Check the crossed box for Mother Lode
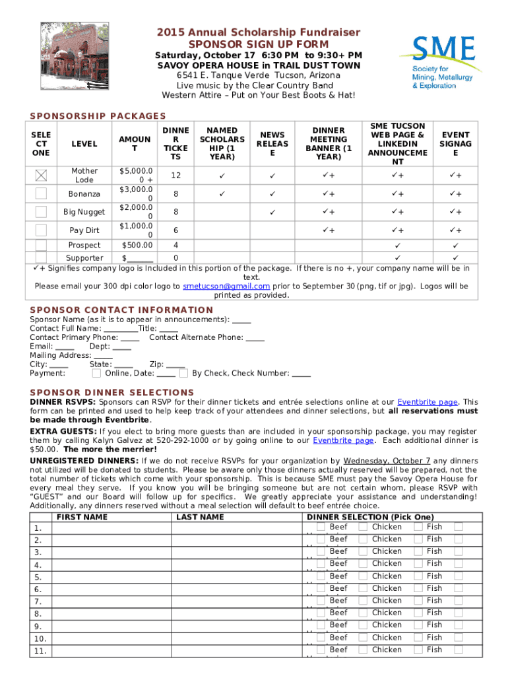coord(42,176)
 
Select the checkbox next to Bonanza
coord(42,193)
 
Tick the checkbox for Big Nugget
coord(42,212)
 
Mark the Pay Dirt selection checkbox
coord(42,230)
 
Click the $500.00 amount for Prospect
coord(137,245)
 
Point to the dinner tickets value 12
coord(175,176)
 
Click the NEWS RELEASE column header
coord(272,144)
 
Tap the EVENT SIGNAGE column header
coord(455,144)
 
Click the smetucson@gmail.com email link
coord(226,287)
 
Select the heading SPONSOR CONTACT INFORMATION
coord(121,310)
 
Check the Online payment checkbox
coord(97,373)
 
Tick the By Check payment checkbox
coord(184,373)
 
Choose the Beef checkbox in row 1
coord(321,527)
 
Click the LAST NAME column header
coord(200,517)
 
